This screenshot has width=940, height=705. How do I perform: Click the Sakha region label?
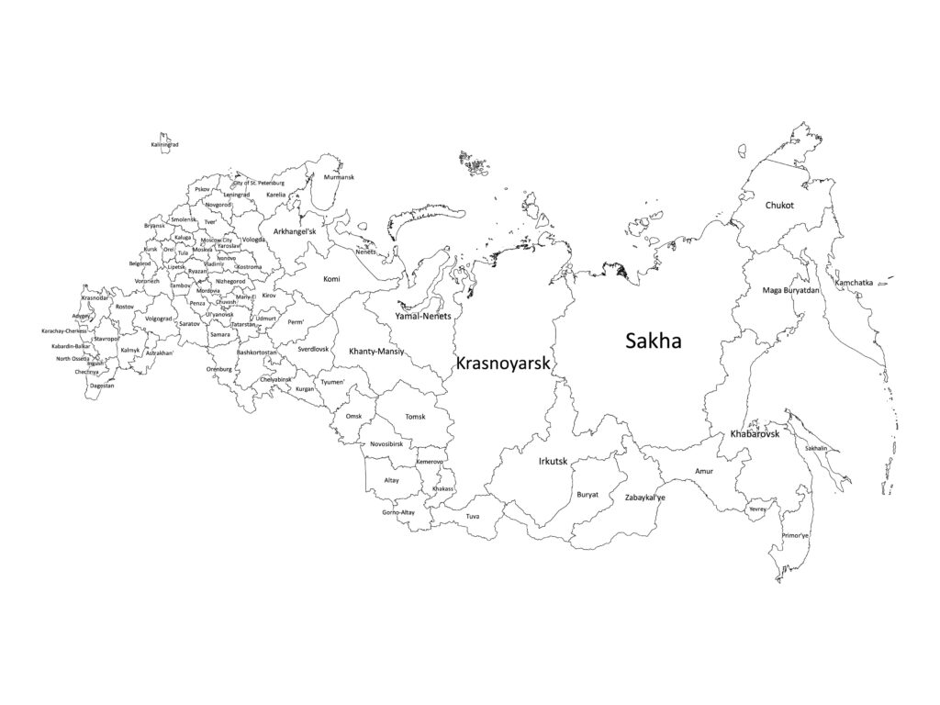pos(653,341)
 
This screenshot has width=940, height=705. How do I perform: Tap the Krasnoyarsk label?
pos(503,364)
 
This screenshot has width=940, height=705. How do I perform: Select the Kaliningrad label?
pos(164,145)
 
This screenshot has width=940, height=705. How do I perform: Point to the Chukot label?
pos(779,206)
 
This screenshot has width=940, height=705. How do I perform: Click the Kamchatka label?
pos(854,283)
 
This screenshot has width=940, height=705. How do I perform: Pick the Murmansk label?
pos(339,177)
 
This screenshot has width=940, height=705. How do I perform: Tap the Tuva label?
pos(472,517)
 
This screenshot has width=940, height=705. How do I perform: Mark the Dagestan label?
pos(103,386)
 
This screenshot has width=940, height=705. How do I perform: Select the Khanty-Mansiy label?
pos(376,352)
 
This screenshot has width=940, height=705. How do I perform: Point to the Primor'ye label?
pos(795,535)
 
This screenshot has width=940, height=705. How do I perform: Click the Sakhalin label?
pos(816,448)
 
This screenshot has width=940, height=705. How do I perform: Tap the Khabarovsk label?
pos(755,433)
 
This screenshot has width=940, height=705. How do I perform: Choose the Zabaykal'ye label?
pos(644,498)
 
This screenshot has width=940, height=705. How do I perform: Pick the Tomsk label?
pos(416,417)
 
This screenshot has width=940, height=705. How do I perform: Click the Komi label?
pos(332,277)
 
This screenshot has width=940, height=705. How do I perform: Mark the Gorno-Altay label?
pos(398,512)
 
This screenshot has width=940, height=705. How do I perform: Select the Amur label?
pos(703,472)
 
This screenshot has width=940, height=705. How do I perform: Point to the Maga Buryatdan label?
pos(790,291)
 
